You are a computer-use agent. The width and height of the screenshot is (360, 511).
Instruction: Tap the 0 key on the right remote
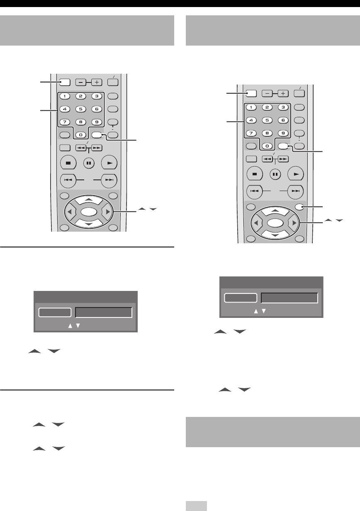[x=268, y=146]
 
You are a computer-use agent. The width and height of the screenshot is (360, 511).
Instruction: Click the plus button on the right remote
[x=283, y=94]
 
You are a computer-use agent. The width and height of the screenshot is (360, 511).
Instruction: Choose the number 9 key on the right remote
[x=283, y=133]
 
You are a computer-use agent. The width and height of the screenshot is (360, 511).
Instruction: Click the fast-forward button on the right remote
[x=283, y=158]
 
